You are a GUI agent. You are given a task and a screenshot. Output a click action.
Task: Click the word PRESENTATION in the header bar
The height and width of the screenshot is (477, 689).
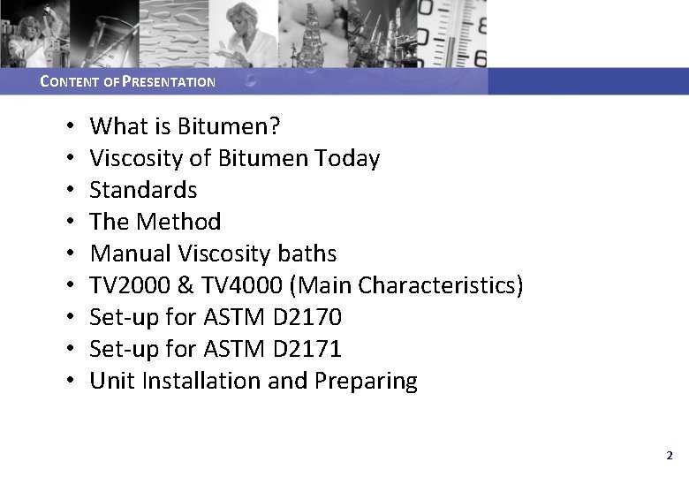(168, 82)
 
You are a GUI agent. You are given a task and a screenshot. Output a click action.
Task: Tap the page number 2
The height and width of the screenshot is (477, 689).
(669, 456)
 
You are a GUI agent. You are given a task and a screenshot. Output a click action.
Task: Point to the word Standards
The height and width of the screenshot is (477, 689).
(143, 191)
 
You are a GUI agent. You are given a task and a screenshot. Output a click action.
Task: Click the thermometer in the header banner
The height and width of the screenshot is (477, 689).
(459, 34)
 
